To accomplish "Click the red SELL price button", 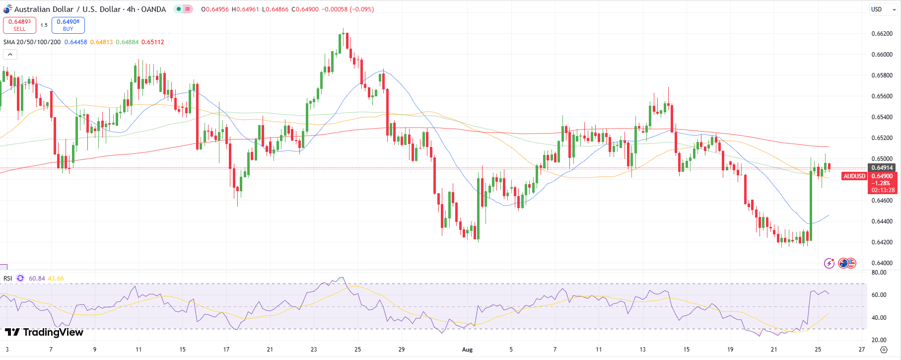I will pos(19,25).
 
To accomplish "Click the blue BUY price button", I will pos(68,25).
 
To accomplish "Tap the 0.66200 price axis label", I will pos(882,34).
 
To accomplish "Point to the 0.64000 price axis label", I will pos(882,263).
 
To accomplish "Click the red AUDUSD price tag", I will pos(854,176).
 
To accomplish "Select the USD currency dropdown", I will pos(883,9).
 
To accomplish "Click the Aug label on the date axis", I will pos(467,350).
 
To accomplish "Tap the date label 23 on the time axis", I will pos(314,350).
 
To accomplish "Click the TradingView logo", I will pos(44,332).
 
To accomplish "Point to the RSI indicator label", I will pos(8,279).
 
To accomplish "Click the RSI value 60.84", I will pos(37,279).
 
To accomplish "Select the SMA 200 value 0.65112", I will pos(152,42).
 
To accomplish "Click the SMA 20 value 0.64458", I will pos(75,42).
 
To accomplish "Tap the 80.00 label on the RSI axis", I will pos(879,273).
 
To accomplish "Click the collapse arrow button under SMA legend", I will pos(10,55).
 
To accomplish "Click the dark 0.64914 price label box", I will pos(882,168).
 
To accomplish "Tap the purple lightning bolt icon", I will pos(829,263).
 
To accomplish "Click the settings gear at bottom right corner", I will pos(883,350).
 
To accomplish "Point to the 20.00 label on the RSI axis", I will pos(879,340).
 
